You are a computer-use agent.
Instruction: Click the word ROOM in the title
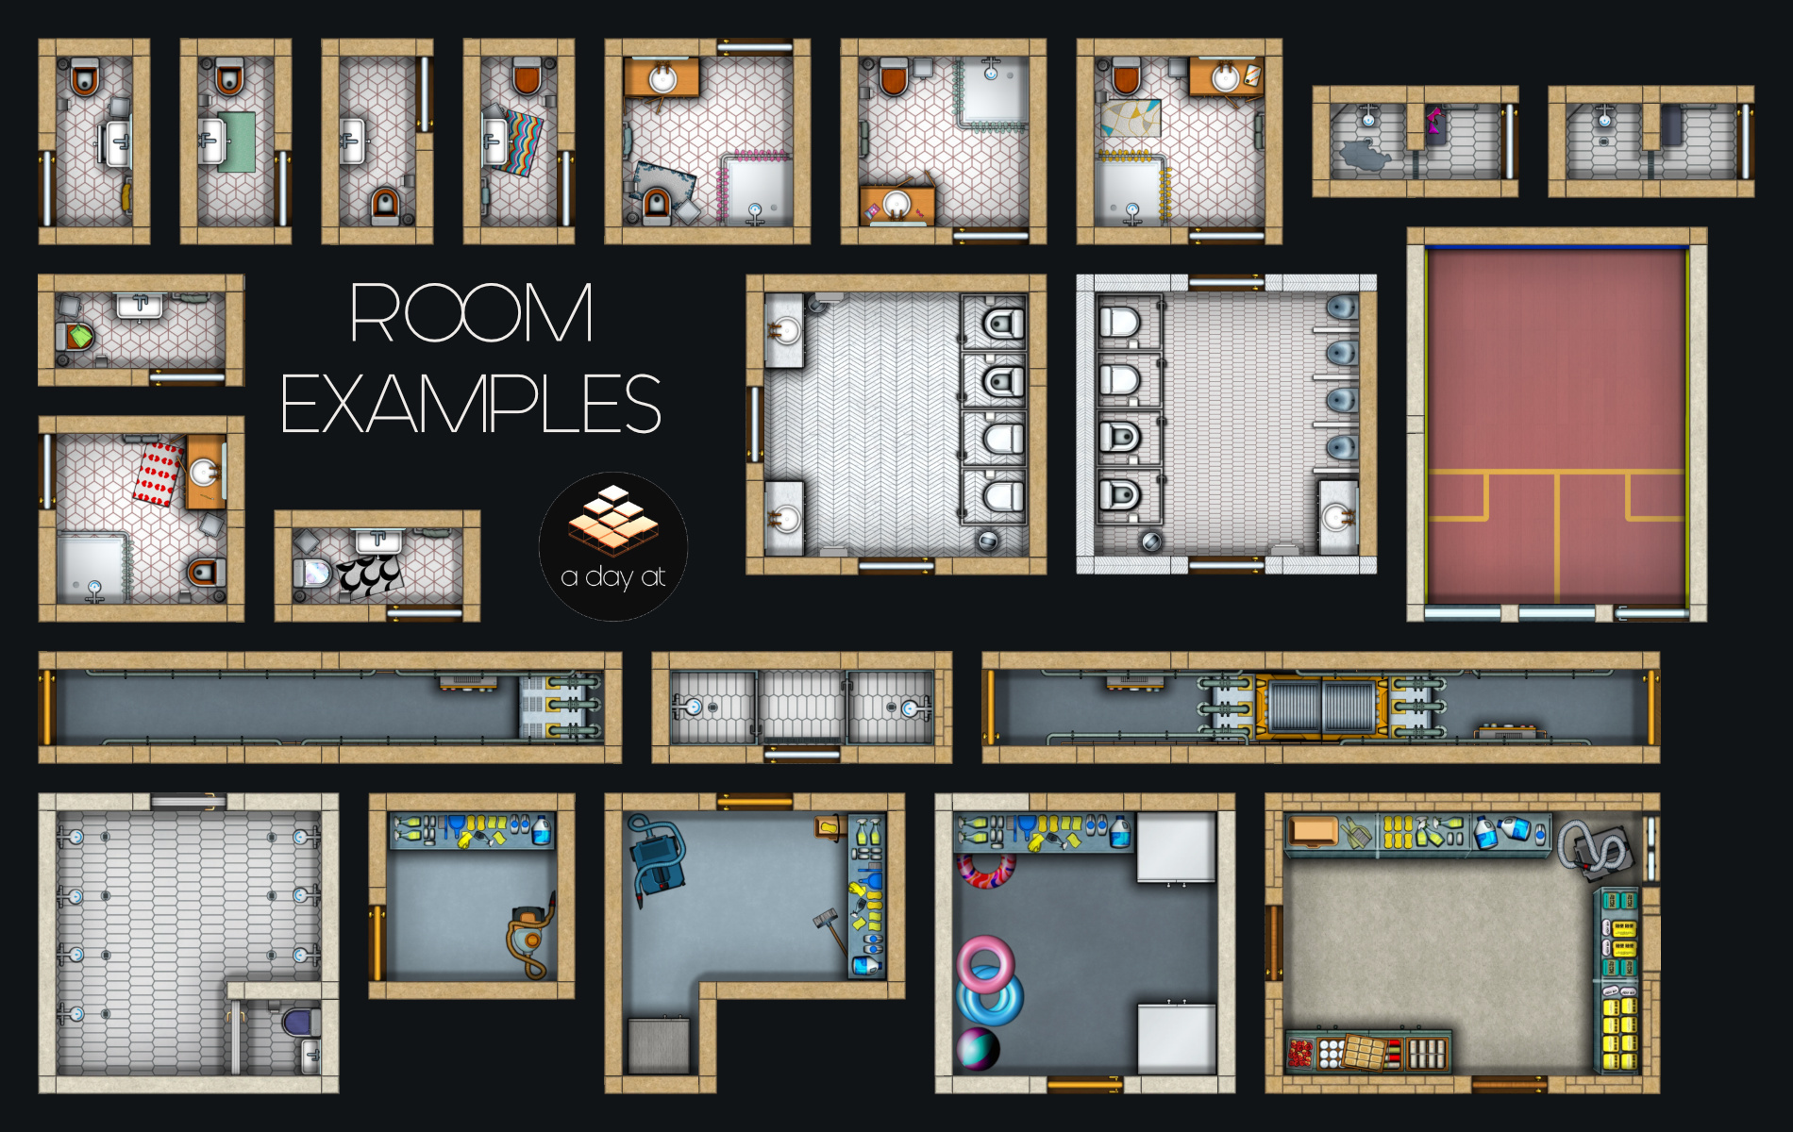click(471, 312)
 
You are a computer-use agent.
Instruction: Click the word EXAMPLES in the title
click(471, 404)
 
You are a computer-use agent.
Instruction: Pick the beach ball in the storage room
click(979, 1049)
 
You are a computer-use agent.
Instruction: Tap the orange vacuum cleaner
click(529, 937)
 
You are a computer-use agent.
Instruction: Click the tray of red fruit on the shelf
click(1301, 1052)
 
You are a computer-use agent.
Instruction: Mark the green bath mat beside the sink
click(237, 141)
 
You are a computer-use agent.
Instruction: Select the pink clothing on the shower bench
click(1433, 121)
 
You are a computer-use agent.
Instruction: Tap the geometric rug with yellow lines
click(1131, 118)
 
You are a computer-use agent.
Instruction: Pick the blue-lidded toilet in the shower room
click(301, 1022)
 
